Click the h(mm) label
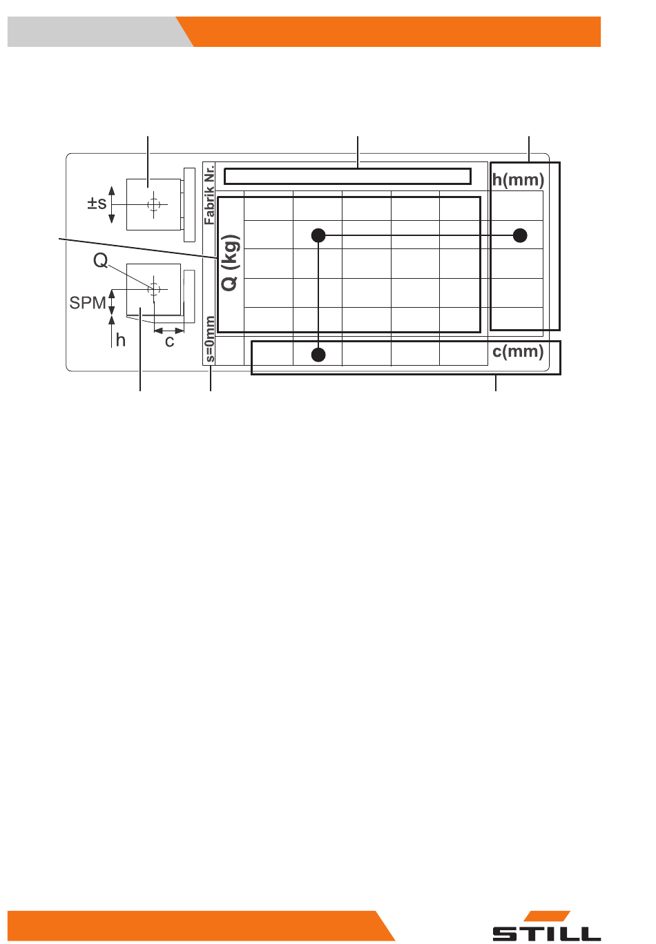[518, 180]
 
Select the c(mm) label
[518, 351]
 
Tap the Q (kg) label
[230, 263]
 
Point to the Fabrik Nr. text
[209, 195]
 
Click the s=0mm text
[209, 340]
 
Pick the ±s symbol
[97, 204]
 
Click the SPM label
[87, 302]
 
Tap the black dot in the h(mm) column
[520, 235]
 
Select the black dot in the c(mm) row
[318, 355]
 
